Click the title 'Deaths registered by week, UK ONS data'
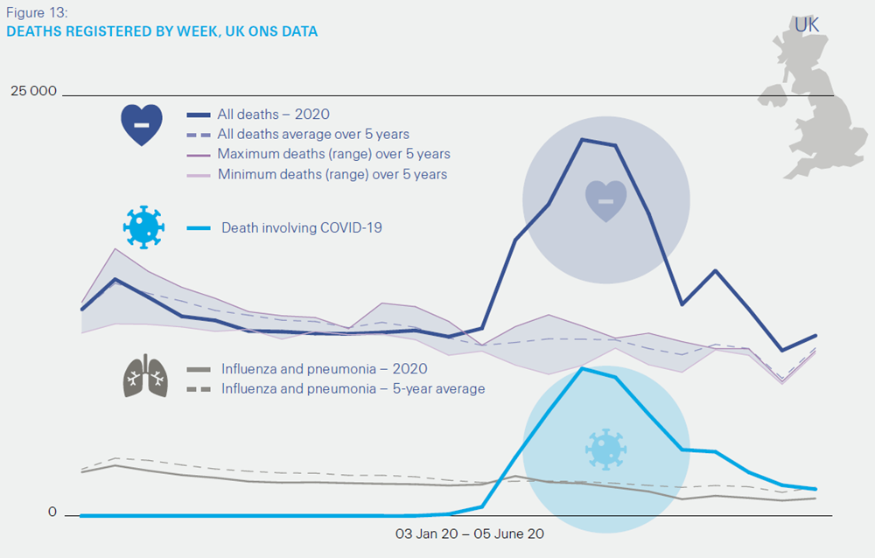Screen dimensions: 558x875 [x=162, y=31]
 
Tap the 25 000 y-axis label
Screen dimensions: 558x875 [x=33, y=91]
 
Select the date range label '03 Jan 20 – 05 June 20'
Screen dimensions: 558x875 [x=470, y=533]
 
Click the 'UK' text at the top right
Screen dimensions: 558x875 [x=807, y=25]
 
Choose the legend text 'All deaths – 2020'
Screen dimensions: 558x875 [x=273, y=115]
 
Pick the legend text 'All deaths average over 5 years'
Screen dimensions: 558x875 [x=313, y=135]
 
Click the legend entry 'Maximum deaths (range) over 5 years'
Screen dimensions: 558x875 [x=333, y=155]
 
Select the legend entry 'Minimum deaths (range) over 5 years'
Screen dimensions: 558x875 [x=332, y=175]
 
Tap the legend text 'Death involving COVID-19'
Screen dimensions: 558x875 [x=302, y=228]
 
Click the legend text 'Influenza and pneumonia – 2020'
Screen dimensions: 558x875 [x=324, y=369]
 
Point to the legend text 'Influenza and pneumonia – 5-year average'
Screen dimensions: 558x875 [x=353, y=388]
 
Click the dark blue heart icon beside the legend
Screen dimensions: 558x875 [x=142, y=124]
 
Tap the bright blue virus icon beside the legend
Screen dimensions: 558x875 [x=143, y=227]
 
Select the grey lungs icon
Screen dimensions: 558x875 [x=145, y=376]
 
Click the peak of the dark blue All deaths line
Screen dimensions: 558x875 [x=582, y=139]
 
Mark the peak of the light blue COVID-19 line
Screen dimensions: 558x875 [x=582, y=368]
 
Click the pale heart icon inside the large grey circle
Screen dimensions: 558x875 [x=605, y=199]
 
